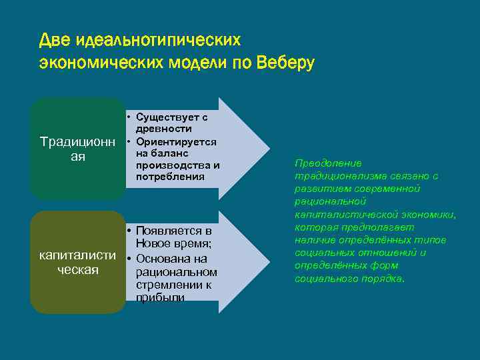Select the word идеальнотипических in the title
click(x=157, y=40)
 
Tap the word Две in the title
click(x=55, y=40)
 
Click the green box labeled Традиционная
click(x=77, y=149)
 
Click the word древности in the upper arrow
click(x=164, y=128)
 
